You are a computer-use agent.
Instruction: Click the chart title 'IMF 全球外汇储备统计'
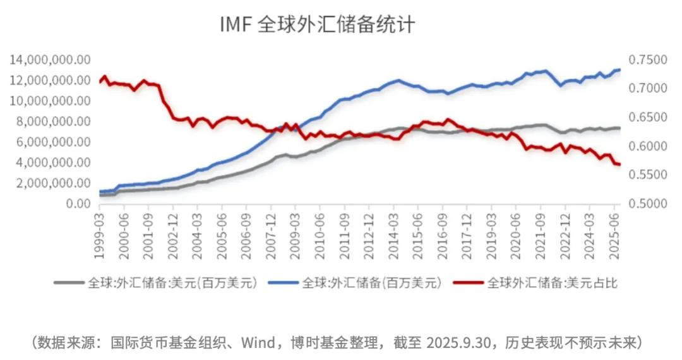[317, 25]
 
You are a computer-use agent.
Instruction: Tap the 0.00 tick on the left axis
[76, 204]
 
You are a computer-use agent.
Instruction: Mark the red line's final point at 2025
[619, 165]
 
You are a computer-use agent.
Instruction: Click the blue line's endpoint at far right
[620, 69]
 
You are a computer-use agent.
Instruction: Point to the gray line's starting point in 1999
[100, 195]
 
